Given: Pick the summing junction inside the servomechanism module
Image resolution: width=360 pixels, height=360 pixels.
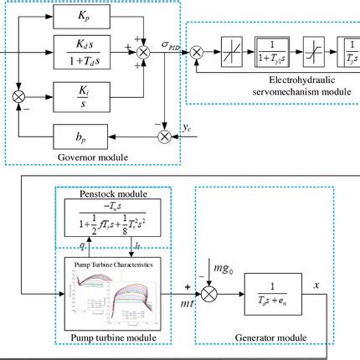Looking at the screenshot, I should pyautogui.click(x=197, y=52).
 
